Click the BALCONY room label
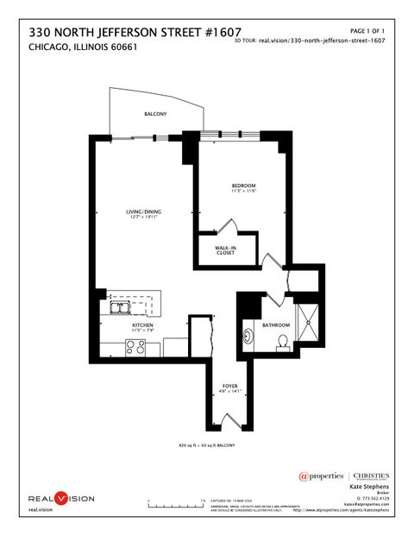[156, 114]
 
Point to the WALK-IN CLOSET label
[226, 250]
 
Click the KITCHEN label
[142, 325]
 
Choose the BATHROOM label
[276, 325]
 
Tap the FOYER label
[229, 386]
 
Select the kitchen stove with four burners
[136, 348]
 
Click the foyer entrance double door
[229, 421]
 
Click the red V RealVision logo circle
[60, 498]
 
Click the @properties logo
[322, 476]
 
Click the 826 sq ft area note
[207, 445]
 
